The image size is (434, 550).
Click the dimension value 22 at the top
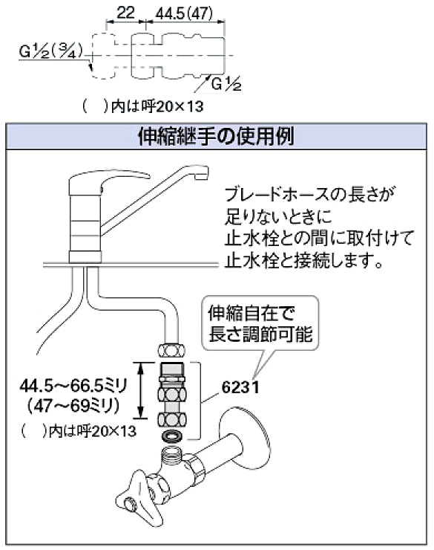click(125, 13)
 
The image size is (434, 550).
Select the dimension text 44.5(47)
click(185, 13)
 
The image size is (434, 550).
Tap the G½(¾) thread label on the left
click(51, 52)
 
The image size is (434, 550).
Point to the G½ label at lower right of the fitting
click(226, 85)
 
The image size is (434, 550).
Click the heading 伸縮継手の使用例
click(216, 136)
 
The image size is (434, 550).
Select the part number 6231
click(240, 387)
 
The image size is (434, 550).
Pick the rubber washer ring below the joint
click(172, 436)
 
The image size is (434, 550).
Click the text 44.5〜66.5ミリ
click(73, 386)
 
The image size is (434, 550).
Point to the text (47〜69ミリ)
click(73, 407)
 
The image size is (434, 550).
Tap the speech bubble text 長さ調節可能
click(260, 334)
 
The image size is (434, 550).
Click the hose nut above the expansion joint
click(172, 350)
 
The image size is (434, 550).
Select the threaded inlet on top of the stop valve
click(171, 456)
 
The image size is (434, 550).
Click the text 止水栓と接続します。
click(304, 261)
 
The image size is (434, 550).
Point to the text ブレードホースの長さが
click(310, 195)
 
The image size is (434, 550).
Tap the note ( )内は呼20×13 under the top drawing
click(142, 106)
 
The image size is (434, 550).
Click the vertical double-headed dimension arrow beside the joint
click(141, 390)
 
